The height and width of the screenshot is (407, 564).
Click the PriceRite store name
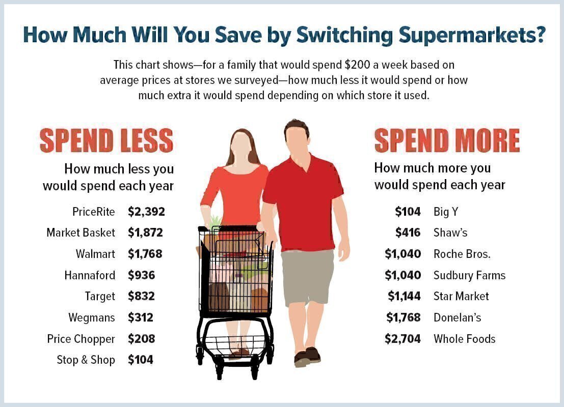click(94, 212)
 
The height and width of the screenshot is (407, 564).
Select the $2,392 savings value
click(146, 212)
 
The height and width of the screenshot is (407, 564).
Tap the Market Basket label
click(80, 233)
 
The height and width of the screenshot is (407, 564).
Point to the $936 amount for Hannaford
click(141, 275)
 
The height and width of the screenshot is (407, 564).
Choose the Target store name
click(100, 297)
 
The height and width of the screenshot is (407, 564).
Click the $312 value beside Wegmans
click(141, 317)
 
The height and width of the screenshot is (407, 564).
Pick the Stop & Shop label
click(86, 360)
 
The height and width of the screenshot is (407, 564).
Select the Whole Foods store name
click(464, 339)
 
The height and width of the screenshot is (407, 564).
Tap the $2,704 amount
click(402, 339)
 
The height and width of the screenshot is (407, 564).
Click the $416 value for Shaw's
click(408, 233)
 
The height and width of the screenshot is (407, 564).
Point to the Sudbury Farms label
click(469, 276)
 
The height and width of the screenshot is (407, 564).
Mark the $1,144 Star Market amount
click(405, 297)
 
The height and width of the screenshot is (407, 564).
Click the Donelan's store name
click(457, 317)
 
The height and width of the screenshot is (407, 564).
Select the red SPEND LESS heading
click(106, 140)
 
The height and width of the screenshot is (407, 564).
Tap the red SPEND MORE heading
click(447, 140)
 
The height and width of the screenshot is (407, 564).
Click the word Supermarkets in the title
click(472, 36)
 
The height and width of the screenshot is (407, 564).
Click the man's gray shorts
click(308, 277)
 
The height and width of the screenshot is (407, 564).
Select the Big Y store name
click(446, 212)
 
